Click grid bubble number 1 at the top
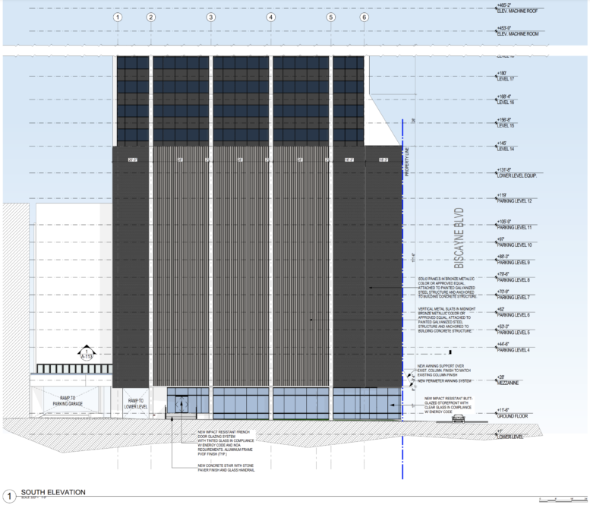coord(118,17)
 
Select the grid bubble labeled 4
coord(270,17)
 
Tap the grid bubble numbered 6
coord(364,17)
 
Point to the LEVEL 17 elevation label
coord(504,79)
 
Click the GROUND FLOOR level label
coord(513,416)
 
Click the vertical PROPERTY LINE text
coord(407,162)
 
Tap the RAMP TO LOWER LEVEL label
coord(138,403)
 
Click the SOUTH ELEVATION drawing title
coord(53,492)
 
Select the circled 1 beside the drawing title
coord(10,495)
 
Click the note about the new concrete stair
coord(226,468)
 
